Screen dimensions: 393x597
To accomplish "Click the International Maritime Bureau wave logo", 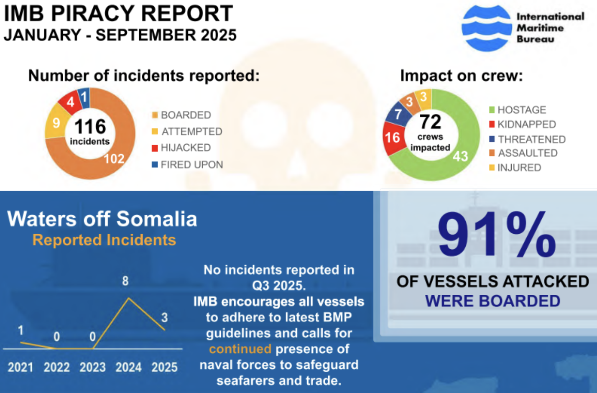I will [x=486, y=28].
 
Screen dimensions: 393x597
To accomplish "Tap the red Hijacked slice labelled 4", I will [x=70, y=101].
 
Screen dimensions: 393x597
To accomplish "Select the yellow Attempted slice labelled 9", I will [x=56, y=123].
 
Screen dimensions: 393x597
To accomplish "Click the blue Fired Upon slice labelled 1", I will [x=84, y=97].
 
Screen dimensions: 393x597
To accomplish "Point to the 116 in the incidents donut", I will [x=90, y=126].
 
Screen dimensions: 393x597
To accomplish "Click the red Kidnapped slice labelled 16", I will [x=393, y=137].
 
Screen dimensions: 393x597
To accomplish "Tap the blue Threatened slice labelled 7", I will [x=398, y=114].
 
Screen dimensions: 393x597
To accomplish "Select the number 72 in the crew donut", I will [x=430, y=122].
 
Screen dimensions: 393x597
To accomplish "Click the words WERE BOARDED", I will [x=492, y=301].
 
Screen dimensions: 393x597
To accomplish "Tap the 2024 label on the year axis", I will [x=128, y=367].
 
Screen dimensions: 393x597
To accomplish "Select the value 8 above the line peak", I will [x=125, y=281].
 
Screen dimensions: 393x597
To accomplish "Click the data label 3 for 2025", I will [x=164, y=317].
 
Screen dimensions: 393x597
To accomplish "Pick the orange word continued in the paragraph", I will [x=240, y=349].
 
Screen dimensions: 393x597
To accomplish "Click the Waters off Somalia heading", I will [x=102, y=219].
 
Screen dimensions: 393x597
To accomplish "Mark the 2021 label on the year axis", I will [x=20, y=367].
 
